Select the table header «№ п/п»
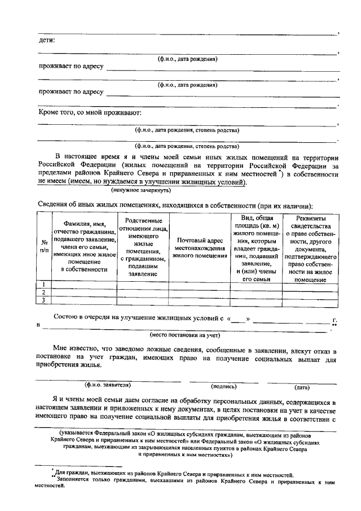(43, 245)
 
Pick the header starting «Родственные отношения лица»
(143, 247)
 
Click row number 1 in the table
(43, 283)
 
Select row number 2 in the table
(43, 292)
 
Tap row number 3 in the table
(43, 300)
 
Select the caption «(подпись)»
(223, 387)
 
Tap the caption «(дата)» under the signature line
(302, 387)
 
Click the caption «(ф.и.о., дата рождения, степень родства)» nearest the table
(187, 145)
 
